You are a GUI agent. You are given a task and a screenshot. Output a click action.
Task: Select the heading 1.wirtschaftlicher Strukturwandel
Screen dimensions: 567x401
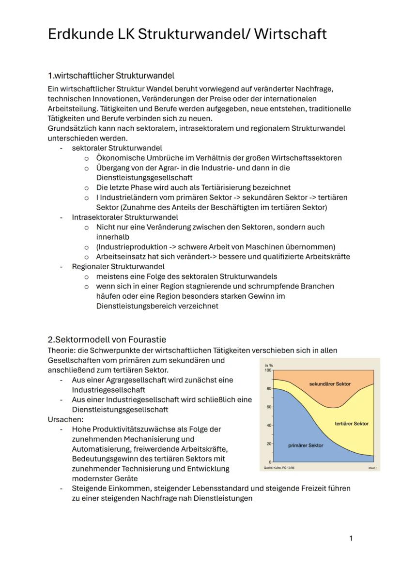[111, 76]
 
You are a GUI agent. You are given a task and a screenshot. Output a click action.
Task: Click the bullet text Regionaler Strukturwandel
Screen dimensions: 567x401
[118, 266]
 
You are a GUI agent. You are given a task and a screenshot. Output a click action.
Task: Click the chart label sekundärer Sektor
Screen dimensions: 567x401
[329, 384]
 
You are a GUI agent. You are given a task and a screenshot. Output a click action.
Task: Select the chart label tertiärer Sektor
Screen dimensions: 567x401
[351, 424]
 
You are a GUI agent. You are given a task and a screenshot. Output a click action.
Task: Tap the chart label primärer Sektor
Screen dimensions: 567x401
[305, 445]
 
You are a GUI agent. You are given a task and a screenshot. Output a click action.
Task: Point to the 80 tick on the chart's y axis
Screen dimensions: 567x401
[268, 389]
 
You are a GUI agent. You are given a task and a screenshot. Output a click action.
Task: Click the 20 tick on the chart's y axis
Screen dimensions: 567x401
[268, 444]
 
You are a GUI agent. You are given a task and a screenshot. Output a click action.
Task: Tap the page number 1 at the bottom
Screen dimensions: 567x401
[351, 538]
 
